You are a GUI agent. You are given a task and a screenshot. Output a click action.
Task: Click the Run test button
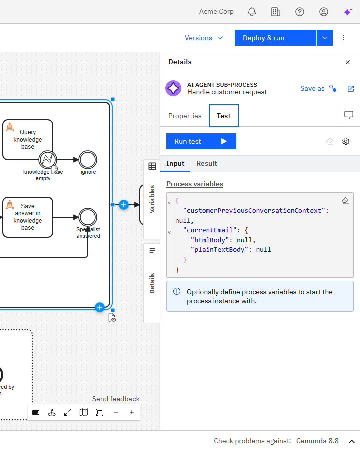[x=201, y=141]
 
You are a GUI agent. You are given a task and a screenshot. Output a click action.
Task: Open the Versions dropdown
[x=204, y=38]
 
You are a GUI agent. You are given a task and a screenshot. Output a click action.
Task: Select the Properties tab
[x=185, y=116]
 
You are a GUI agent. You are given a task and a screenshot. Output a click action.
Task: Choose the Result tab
[x=206, y=163]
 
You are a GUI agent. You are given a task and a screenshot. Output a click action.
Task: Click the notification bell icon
[x=252, y=12]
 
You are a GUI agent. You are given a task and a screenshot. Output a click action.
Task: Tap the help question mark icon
[x=300, y=12]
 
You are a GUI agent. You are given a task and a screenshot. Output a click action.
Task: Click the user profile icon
[x=324, y=12]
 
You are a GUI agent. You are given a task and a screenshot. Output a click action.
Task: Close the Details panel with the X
[x=348, y=62]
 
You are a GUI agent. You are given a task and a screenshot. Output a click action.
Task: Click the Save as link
[x=312, y=88]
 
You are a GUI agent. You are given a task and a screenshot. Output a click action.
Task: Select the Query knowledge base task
[x=28, y=140]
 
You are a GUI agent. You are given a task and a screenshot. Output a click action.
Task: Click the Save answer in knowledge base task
[x=28, y=217]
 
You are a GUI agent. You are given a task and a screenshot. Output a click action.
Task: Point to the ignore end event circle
[x=88, y=160]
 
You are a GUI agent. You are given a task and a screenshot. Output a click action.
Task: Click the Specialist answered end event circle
[x=88, y=217]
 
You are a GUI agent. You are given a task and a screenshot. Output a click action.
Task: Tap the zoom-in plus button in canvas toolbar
[x=132, y=412]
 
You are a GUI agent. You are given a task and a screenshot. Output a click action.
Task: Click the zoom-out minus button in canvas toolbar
[x=116, y=412]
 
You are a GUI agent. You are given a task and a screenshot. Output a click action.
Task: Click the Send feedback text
[x=116, y=399]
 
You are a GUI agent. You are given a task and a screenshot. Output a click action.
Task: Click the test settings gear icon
[x=346, y=141]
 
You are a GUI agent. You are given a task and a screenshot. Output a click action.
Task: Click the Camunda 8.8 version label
[x=317, y=441]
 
